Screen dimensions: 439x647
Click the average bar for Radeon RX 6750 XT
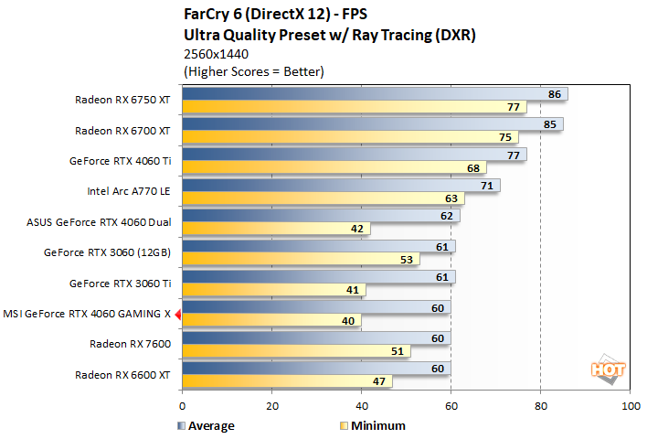click(375, 94)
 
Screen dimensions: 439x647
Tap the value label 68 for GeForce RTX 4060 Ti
click(472, 168)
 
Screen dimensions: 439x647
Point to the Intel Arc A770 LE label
click(128, 192)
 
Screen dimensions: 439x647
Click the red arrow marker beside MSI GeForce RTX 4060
click(177, 315)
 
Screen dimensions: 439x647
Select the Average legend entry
click(205, 426)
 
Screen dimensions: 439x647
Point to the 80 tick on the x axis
click(540, 404)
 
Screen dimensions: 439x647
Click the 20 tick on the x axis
click(271, 404)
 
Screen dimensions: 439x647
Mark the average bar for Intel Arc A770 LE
click(341, 185)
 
